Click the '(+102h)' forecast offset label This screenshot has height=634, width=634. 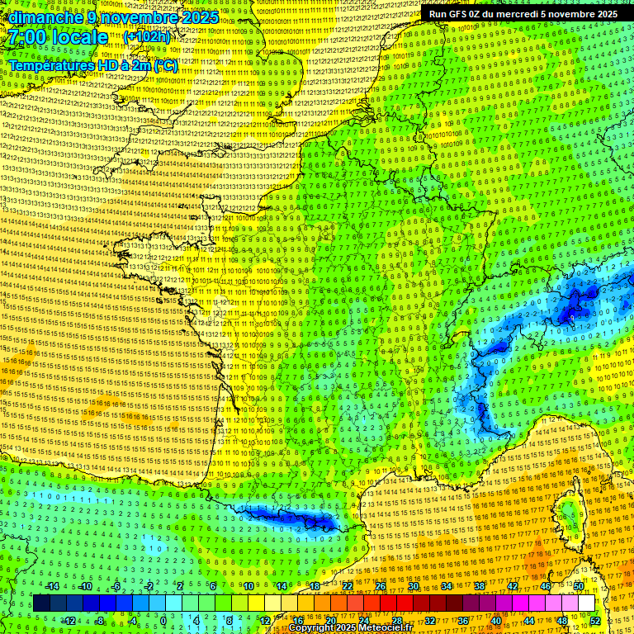(x=147, y=37)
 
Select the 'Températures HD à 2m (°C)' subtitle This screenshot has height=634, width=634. (x=93, y=65)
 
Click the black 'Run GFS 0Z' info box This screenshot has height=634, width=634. (x=523, y=13)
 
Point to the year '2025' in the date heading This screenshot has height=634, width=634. (x=199, y=17)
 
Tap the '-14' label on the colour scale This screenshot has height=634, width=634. (x=54, y=587)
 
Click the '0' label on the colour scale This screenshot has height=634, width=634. (x=163, y=620)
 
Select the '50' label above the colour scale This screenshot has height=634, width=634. (x=580, y=587)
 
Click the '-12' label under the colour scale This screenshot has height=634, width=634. (x=69, y=620)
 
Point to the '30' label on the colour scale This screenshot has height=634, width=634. (x=413, y=587)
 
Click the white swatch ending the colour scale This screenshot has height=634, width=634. (x=587, y=603)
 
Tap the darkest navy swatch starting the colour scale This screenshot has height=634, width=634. (x=41, y=603)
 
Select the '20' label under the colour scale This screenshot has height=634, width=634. (x=330, y=620)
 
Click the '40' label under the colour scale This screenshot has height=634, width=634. (x=496, y=620)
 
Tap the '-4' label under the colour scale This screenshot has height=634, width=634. (x=132, y=620)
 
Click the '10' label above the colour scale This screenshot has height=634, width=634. (x=248, y=587)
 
